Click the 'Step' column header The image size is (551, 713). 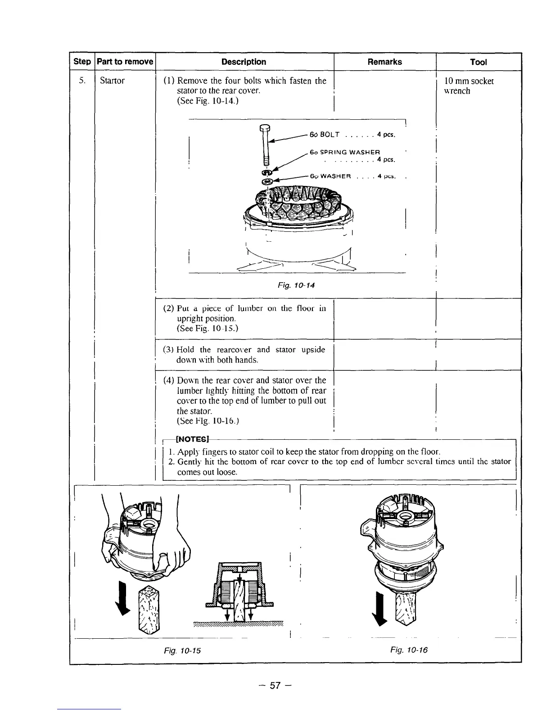pyautogui.click(x=81, y=62)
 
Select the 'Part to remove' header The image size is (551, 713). pyautogui.click(x=125, y=62)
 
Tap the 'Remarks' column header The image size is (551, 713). pyautogui.click(x=384, y=62)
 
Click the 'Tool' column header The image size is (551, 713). pyautogui.click(x=478, y=62)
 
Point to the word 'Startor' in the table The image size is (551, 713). pyautogui.click(x=112, y=81)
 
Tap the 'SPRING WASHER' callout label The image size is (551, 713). pyautogui.click(x=345, y=152)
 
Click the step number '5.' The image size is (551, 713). pyautogui.click(x=81, y=81)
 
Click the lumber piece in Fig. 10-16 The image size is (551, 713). pyautogui.click(x=407, y=608)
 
